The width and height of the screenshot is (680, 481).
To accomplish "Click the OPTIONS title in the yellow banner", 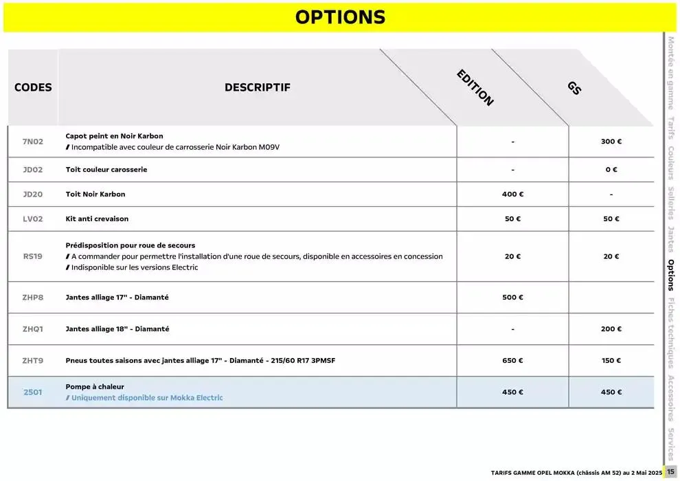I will point(340,17).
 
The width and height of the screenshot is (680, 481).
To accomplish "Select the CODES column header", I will point(33,88).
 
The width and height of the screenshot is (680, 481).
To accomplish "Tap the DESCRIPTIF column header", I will point(258,88).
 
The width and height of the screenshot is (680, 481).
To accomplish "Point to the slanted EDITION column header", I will point(475,88).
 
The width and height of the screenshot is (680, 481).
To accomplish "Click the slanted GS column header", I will point(574,88).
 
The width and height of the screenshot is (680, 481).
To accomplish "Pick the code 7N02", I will point(33,142).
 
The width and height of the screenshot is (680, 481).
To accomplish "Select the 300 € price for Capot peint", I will point(611,142).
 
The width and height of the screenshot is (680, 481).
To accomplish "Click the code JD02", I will point(33,170).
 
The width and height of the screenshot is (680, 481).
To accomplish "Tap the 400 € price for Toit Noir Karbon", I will point(512,194).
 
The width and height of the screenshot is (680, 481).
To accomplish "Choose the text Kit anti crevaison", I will point(97,219).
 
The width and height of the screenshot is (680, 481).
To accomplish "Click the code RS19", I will point(33,256).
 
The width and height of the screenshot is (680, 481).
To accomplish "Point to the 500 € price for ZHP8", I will point(512,298).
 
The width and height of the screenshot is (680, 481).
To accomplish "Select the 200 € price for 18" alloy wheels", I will point(611,329).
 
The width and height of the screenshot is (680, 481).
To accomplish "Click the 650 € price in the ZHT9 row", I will point(512,361).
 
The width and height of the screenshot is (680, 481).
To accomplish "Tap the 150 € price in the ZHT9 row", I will point(611,361).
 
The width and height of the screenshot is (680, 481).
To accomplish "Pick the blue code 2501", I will point(33,392).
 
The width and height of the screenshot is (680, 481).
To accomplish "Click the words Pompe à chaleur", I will point(95,387).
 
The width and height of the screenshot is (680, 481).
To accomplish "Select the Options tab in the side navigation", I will point(671,275).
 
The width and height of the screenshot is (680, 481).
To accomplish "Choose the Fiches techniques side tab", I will point(671,333).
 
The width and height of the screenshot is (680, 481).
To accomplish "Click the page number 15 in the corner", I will point(671,472).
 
